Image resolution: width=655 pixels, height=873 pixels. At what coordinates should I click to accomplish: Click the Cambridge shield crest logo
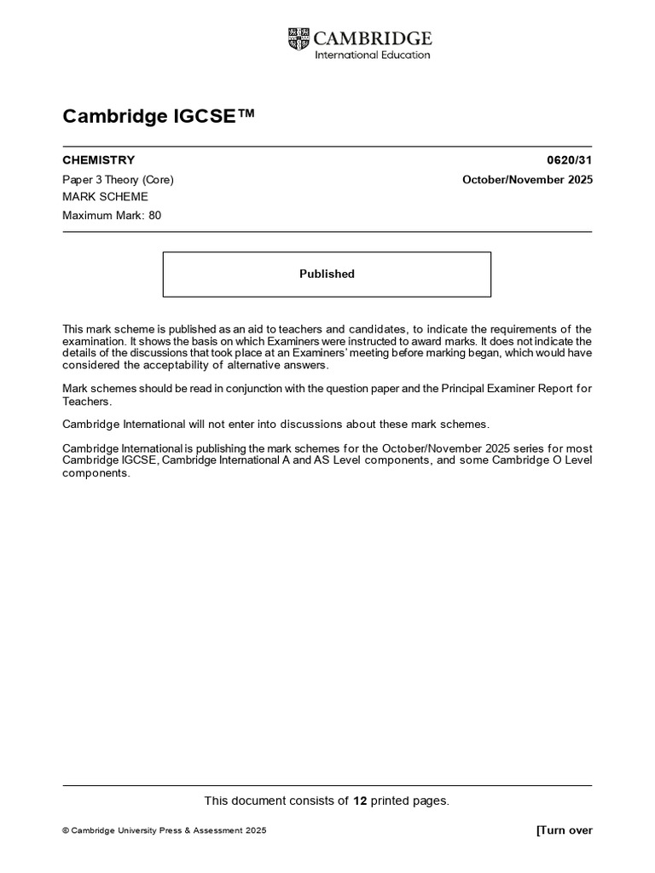(x=299, y=38)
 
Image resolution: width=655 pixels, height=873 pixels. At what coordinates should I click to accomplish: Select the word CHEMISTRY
(x=99, y=160)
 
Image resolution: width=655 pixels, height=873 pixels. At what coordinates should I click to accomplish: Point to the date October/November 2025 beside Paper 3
(x=527, y=180)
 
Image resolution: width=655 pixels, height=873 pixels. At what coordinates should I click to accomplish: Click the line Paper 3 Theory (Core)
(x=118, y=180)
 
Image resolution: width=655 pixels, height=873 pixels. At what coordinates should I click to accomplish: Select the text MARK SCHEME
(x=105, y=197)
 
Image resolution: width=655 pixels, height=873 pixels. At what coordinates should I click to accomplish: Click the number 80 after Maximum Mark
(x=154, y=216)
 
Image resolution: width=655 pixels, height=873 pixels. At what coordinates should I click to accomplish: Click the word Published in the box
(x=327, y=274)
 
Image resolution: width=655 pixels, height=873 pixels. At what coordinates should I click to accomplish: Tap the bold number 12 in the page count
(x=360, y=801)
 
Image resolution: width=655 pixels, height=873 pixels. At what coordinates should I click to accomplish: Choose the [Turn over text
(x=564, y=830)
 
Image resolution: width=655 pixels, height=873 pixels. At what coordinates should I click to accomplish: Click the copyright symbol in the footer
(x=66, y=831)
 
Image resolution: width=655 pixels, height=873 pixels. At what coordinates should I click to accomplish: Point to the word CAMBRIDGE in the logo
(x=373, y=38)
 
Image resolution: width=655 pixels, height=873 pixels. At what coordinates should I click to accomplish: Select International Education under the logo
(x=373, y=55)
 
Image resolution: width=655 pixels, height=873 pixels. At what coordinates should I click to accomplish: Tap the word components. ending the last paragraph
(x=96, y=473)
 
